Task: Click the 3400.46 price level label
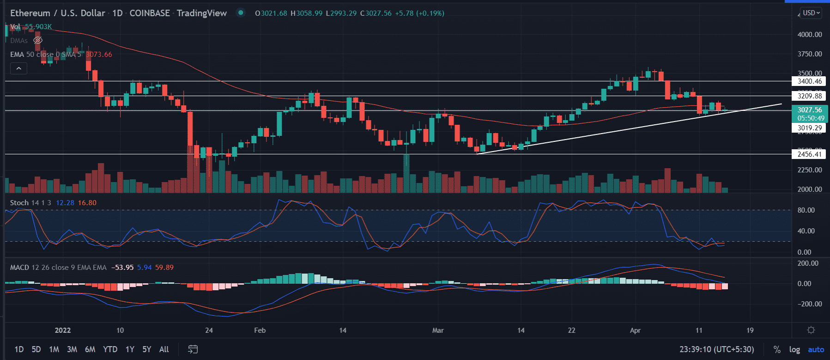(x=809, y=81)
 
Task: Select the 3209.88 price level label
(x=809, y=96)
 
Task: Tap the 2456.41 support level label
(x=809, y=154)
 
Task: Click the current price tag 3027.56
(x=809, y=110)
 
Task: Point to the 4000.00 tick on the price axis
(x=809, y=35)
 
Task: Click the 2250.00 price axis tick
(x=809, y=170)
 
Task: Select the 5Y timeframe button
(x=146, y=349)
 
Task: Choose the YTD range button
(x=110, y=349)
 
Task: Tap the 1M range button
(x=54, y=349)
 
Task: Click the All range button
(x=164, y=349)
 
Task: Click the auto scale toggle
(x=816, y=349)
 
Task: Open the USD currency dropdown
(x=811, y=13)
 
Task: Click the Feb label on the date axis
(x=260, y=330)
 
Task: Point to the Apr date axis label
(x=635, y=330)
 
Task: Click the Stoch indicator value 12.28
(x=65, y=203)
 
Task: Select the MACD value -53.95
(x=122, y=268)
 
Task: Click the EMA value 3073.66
(x=99, y=55)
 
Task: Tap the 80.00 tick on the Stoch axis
(x=806, y=210)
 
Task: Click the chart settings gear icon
(x=811, y=330)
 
